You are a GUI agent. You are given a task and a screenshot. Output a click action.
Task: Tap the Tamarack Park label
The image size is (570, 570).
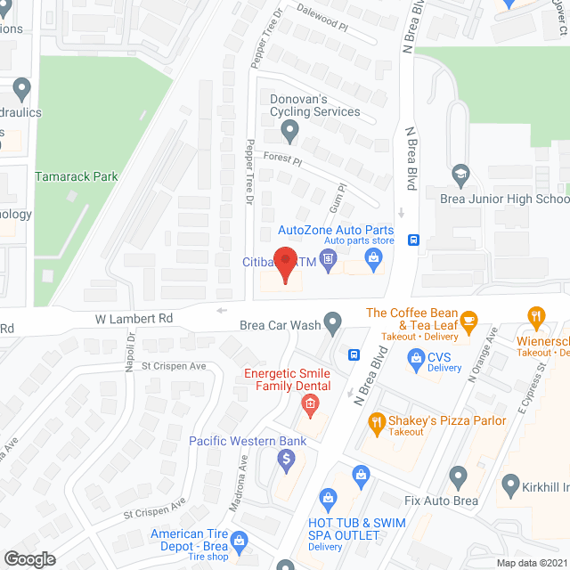tap(76, 176)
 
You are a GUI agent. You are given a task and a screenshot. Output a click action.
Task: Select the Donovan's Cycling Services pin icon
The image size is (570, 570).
tap(289, 133)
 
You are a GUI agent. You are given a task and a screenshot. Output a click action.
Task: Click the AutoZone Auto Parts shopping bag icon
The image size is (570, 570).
tap(373, 259)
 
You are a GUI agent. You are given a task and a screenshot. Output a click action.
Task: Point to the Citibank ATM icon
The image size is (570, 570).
tap(328, 260)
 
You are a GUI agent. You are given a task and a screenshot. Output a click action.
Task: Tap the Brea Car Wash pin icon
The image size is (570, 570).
tap(333, 322)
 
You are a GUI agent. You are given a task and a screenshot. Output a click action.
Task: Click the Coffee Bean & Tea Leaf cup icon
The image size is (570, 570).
tap(469, 319)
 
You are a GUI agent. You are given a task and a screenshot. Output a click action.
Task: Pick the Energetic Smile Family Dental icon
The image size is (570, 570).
tap(309, 407)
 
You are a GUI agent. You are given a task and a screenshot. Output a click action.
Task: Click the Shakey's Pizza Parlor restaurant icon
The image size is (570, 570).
tap(378, 424)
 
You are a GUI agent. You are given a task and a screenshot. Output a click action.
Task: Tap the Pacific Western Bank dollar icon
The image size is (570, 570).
tap(286, 460)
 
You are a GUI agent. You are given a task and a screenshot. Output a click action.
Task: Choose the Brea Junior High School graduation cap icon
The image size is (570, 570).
tap(460, 174)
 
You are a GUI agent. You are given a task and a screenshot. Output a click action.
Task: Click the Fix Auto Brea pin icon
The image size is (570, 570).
tap(459, 477)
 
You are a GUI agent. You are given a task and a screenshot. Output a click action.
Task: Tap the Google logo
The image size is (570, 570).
tap(29, 558)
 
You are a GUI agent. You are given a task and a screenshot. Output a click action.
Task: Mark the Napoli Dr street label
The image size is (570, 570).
tap(130, 346)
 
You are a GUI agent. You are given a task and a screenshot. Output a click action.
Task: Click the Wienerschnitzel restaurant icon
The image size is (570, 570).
tap(535, 318)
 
